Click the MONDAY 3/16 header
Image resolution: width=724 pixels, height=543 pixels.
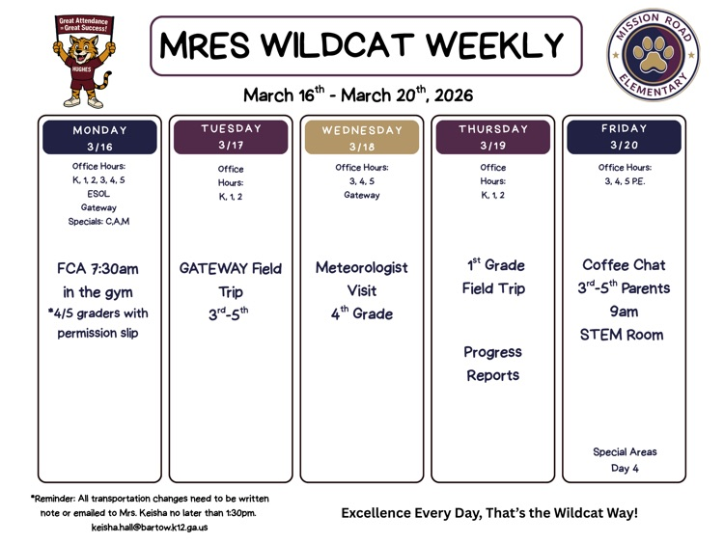tap(99, 137)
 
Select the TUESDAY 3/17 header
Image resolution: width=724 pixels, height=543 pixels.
tap(231, 136)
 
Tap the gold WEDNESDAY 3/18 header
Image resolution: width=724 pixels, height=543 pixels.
tap(362, 138)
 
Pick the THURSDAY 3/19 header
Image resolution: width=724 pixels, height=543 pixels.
tap(493, 137)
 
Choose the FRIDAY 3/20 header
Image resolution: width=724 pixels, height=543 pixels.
tap(625, 136)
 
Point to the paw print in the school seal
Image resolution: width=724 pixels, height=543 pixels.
tap(654, 56)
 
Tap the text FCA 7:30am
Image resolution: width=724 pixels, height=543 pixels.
tap(97, 269)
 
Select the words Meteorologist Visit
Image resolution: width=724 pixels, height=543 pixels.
tap(362, 279)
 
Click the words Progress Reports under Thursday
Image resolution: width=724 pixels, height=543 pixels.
tap(492, 364)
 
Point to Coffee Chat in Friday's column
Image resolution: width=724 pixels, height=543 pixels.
tap(625, 264)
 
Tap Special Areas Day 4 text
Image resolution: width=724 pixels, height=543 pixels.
tap(625, 459)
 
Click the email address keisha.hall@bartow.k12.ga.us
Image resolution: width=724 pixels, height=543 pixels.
tap(150, 528)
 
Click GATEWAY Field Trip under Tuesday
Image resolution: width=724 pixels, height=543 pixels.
tap(231, 280)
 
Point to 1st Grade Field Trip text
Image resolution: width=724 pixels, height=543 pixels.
tap(492, 276)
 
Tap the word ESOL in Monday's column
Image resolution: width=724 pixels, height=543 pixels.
tap(98, 193)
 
